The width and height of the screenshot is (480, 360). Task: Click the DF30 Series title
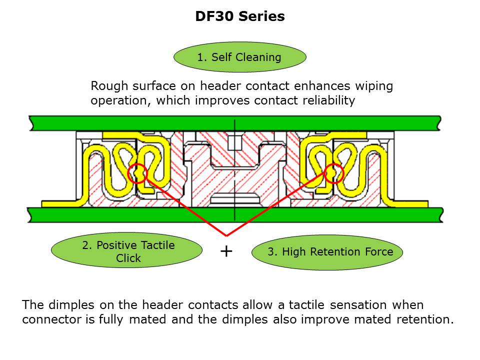(239, 16)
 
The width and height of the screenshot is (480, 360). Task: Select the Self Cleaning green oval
(239, 57)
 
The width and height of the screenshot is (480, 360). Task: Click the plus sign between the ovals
(226, 251)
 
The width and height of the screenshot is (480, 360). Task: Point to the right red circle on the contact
(333, 173)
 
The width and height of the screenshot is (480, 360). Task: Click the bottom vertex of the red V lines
(226, 235)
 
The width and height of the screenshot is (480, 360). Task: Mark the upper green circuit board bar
(235, 121)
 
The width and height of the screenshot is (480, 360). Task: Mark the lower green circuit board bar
(235, 215)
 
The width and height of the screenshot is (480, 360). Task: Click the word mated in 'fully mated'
(143, 320)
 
